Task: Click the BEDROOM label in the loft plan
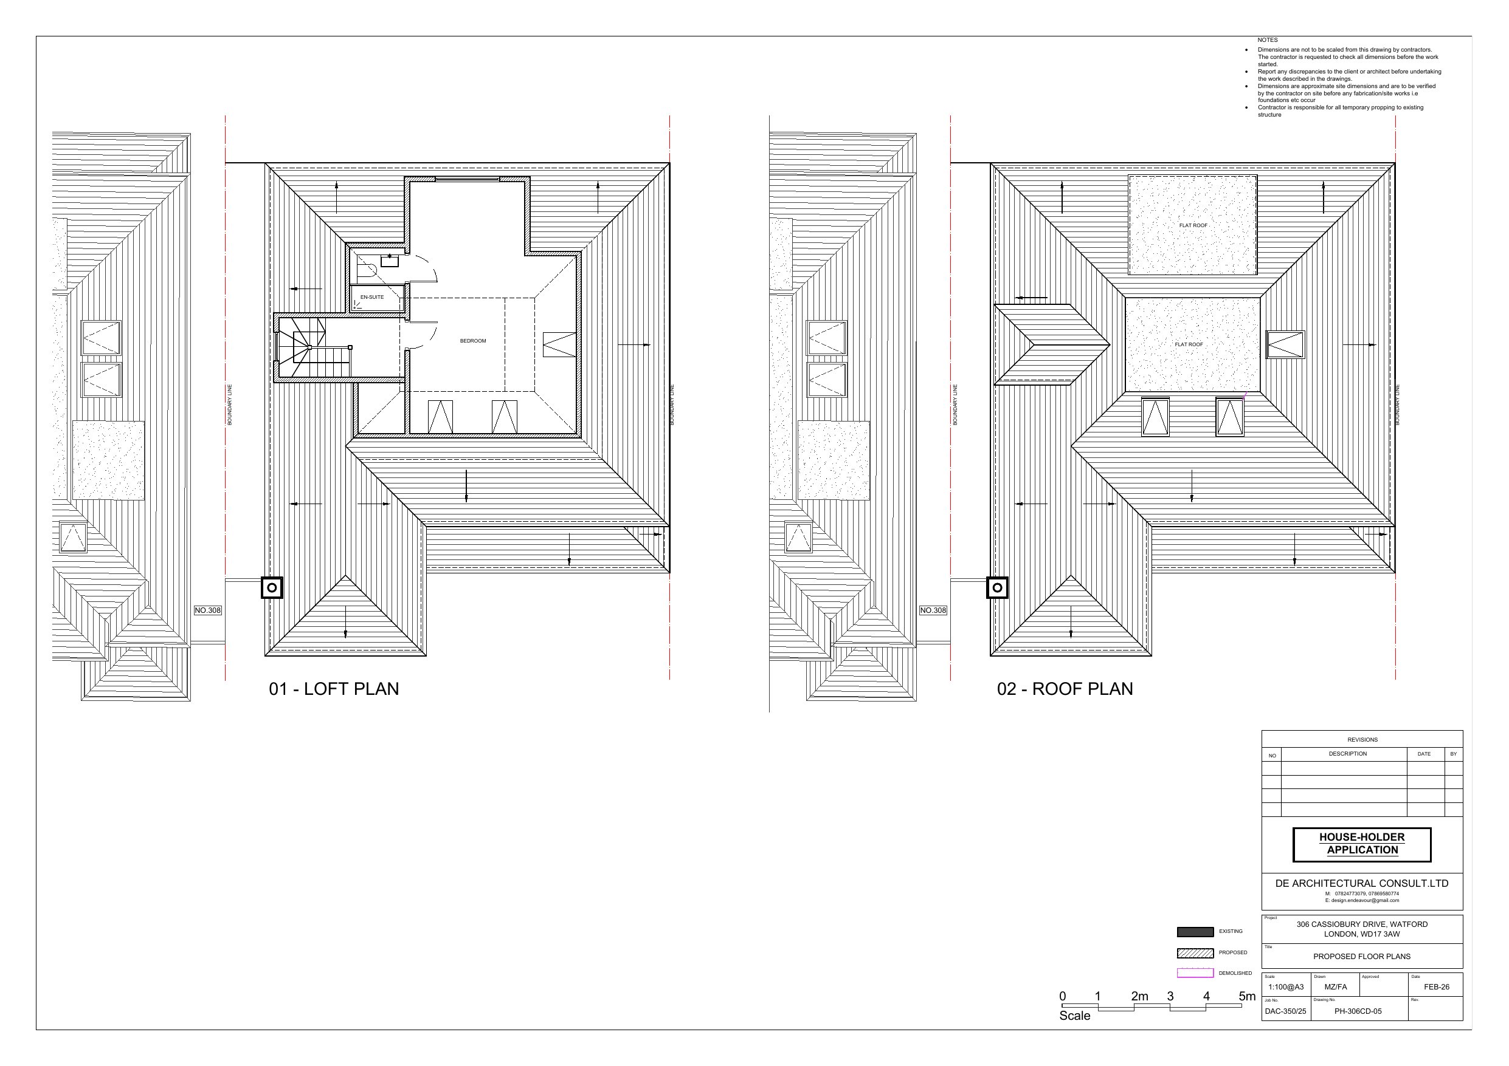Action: point(472,341)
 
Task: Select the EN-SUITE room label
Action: point(372,297)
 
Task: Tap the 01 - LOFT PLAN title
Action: point(334,688)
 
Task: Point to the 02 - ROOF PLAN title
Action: point(1065,688)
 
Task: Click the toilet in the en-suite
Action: point(366,269)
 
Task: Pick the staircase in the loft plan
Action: point(314,348)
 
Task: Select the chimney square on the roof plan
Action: point(997,588)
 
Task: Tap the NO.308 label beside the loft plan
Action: point(208,610)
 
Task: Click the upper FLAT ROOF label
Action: point(1193,225)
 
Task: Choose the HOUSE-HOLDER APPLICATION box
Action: point(1362,844)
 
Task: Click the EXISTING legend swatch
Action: point(1195,931)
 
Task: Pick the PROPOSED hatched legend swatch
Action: point(1195,953)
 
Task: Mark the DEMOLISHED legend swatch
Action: point(1195,974)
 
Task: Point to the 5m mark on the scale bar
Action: point(1247,996)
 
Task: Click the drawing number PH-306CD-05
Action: point(1358,1011)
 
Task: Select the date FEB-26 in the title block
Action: point(1437,987)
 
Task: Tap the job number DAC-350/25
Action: point(1285,1011)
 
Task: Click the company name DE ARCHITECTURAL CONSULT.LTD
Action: point(1362,883)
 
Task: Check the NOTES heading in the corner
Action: point(1268,40)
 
